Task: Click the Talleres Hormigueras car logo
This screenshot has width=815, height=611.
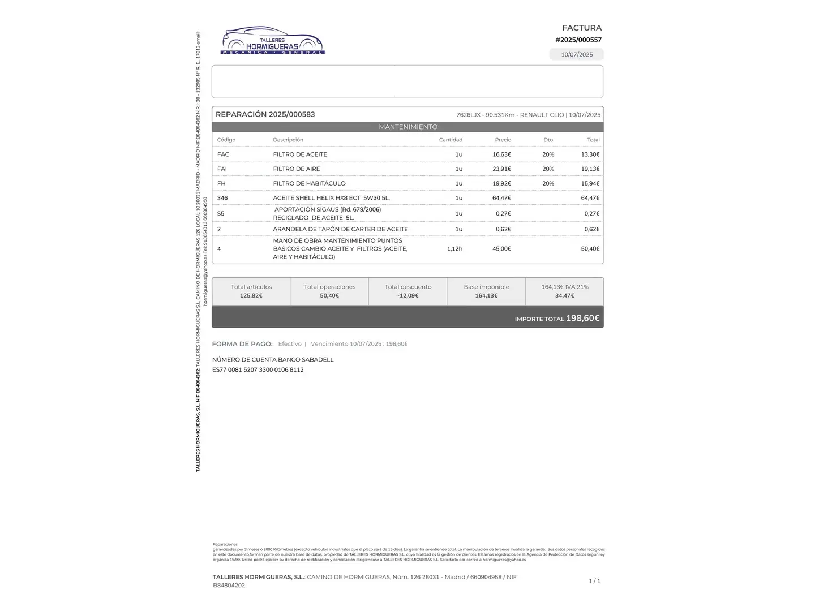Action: (x=272, y=40)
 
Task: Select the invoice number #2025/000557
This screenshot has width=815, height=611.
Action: (x=578, y=40)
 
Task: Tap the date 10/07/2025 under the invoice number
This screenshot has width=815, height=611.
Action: (x=577, y=55)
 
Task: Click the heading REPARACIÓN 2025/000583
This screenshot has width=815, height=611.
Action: (x=265, y=114)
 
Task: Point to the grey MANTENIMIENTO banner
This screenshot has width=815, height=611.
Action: (x=407, y=127)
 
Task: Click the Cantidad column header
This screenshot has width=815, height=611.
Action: (x=451, y=140)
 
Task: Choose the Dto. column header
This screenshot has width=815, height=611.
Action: (x=548, y=140)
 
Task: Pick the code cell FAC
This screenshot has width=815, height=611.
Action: (x=223, y=154)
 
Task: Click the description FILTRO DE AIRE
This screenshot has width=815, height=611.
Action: (x=296, y=169)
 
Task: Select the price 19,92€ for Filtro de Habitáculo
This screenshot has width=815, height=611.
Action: (x=501, y=183)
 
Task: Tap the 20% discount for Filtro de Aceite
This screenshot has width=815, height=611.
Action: (x=548, y=154)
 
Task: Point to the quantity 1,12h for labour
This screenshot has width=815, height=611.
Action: (x=454, y=249)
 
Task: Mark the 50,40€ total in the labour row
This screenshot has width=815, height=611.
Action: (x=590, y=249)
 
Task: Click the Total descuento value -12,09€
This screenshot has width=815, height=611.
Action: (x=407, y=296)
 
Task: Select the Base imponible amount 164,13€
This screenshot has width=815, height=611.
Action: (x=486, y=296)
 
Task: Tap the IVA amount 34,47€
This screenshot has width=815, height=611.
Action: (x=564, y=296)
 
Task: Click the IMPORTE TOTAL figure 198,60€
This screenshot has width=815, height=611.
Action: (x=582, y=319)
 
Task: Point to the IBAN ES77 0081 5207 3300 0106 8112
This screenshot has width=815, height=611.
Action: (x=258, y=370)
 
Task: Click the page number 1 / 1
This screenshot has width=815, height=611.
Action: (x=594, y=581)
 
